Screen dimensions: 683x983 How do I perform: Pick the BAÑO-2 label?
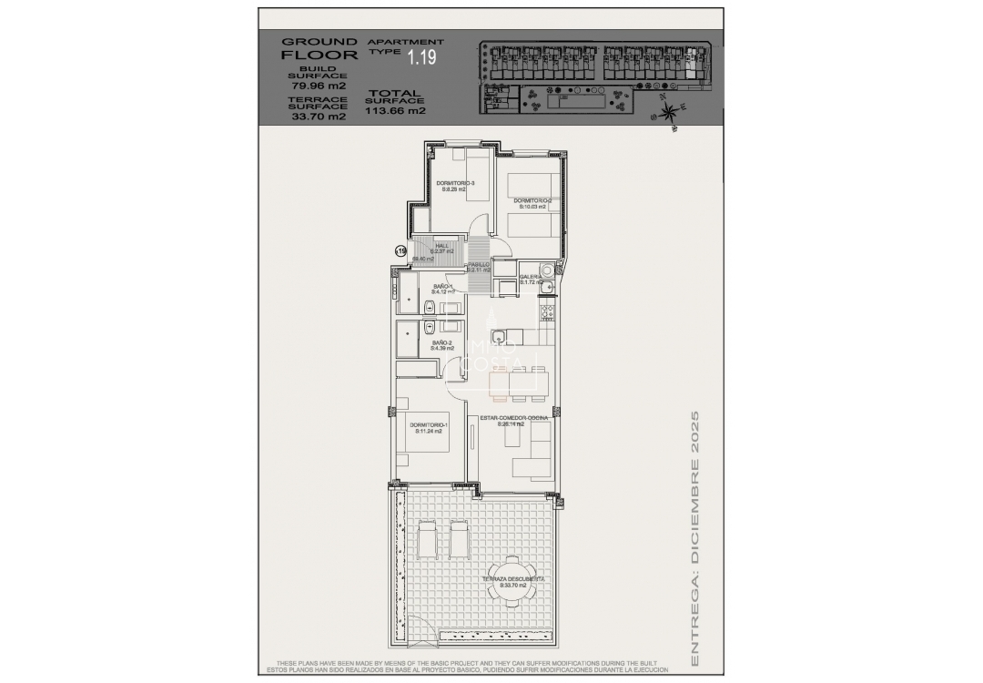click(442, 344)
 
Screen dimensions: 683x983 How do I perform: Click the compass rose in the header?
click(669, 112)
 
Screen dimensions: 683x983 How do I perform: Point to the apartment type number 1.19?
click(421, 58)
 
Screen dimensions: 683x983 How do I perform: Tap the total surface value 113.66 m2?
click(396, 111)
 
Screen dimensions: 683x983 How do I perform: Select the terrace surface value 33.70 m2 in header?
click(318, 117)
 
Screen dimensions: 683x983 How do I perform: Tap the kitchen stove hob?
click(548, 312)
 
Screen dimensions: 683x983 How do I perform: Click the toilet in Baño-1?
click(428, 303)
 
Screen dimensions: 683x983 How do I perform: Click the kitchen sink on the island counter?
click(500, 337)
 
